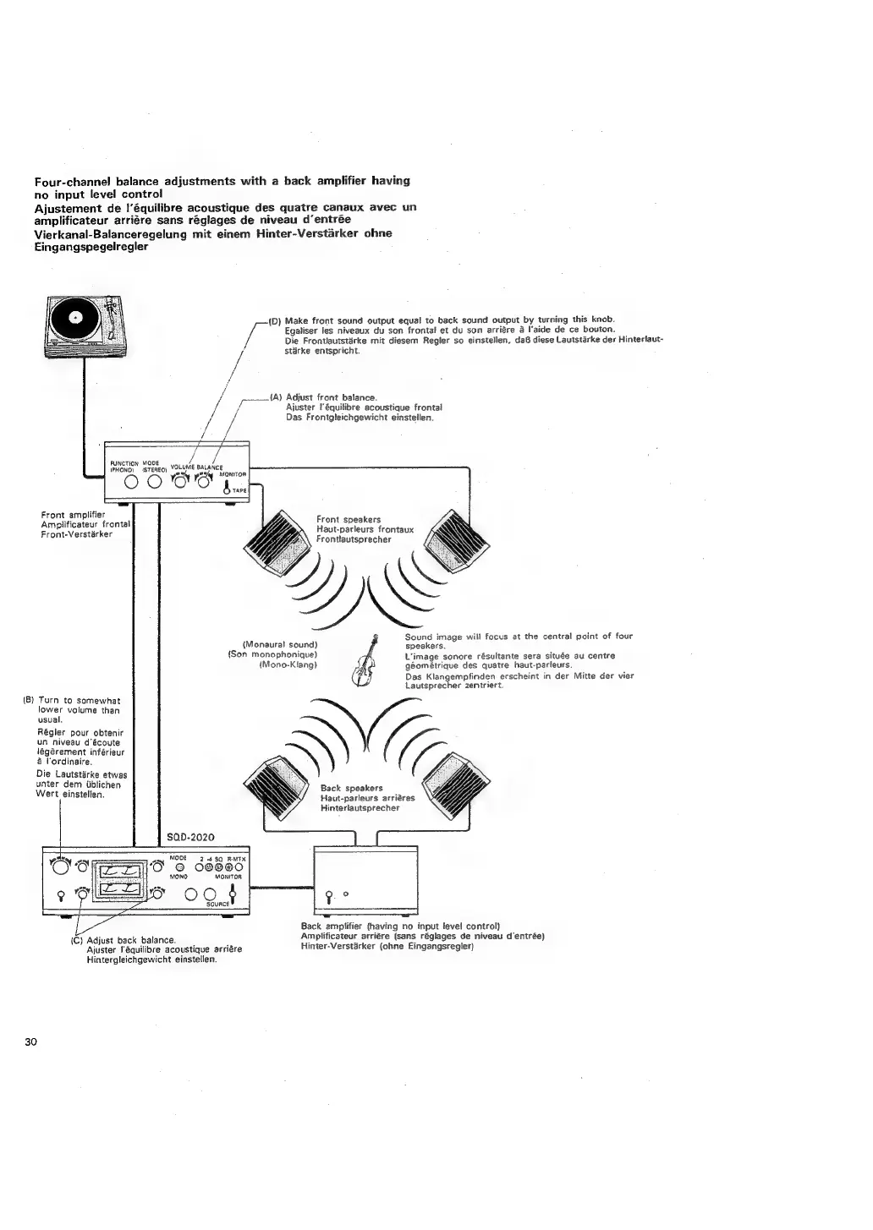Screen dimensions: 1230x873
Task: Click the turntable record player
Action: (87, 326)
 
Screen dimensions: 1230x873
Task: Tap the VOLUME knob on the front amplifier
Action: (181, 482)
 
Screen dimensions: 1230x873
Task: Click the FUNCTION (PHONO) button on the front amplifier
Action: (132, 483)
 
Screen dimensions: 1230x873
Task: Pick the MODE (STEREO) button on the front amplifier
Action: (154, 483)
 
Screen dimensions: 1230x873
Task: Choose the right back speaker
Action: (457, 782)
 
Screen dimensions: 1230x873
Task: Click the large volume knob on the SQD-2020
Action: (62, 866)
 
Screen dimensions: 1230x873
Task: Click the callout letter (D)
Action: (274, 321)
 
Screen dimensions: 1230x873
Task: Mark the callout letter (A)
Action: (275, 396)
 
